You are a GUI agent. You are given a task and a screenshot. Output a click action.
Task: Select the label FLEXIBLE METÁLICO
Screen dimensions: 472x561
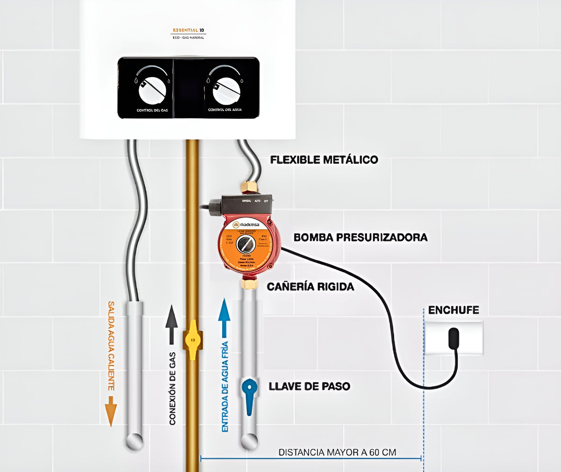pos(324,160)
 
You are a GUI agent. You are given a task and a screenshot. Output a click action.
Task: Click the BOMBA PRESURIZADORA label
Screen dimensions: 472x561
pos(360,237)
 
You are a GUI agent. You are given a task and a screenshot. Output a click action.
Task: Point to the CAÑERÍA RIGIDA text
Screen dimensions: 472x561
pos(310,286)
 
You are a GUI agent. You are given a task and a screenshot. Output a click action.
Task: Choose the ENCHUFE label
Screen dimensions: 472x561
pos(453,310)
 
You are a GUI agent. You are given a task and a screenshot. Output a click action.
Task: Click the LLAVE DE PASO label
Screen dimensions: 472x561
pos(309,386)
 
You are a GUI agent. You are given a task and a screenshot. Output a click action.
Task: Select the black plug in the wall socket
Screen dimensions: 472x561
pos(453,338)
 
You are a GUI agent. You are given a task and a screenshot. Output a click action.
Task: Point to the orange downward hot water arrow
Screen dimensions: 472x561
pos(111,411)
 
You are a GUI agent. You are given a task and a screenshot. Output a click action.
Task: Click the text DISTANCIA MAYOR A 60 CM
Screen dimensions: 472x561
pos(337,452)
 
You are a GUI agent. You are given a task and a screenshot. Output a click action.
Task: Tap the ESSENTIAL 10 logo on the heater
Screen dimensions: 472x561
pos(188,30)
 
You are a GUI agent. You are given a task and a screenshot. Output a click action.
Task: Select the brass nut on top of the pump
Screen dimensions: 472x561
pos(249,187)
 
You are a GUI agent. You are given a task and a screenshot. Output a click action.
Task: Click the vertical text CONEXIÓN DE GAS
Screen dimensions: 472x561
pos(172,388)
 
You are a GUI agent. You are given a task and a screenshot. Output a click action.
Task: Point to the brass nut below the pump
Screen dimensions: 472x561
pos(249,283)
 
